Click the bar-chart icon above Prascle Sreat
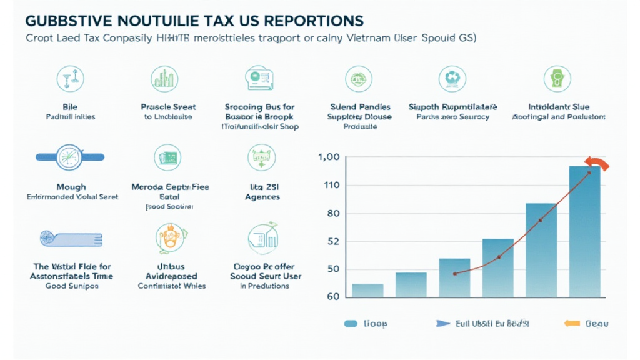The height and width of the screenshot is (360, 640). point(163,79)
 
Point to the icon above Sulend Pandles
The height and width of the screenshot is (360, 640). point(359,79)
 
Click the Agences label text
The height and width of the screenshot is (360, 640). point(262,197)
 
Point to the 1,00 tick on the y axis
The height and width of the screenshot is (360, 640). point(329,157)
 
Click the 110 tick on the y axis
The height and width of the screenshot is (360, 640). point(332,185)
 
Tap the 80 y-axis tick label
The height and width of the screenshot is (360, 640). point(333,214)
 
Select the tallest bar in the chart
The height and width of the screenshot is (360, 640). point(584,231)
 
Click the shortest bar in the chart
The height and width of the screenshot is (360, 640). point(367,290)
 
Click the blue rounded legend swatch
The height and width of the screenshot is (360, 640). point(351,324)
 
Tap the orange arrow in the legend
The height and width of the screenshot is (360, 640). point(570,324)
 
